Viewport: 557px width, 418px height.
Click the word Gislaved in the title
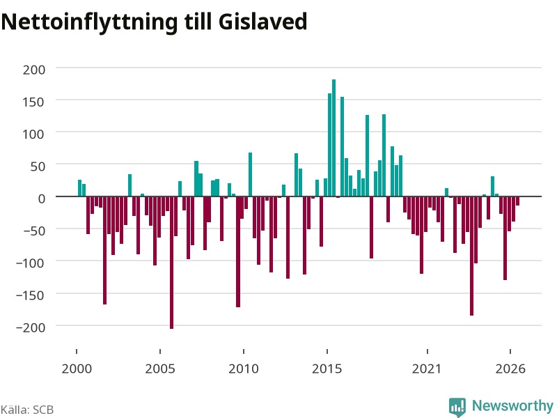pos(263,22)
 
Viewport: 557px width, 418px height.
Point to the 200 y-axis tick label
pos(34,70)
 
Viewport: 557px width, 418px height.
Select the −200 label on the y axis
pos(31,327)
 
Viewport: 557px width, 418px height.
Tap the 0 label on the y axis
pos(42,199)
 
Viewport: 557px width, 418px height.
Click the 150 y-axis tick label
pos(34,102)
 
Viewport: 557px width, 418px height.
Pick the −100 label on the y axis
pos(31,263)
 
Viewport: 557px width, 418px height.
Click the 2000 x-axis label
pos(77,369)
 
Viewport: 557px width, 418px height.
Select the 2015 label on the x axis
pos(327,369)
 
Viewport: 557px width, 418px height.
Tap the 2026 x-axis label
pos(510,369)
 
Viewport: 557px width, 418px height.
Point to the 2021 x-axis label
pos(427,369)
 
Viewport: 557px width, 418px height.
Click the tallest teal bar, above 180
pos(334,138)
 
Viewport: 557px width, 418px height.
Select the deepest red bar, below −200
pos(171,263)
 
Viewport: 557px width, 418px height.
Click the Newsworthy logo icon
pos(457,406)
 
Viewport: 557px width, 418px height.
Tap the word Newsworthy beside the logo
pos(512,405)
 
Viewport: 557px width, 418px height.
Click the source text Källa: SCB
pos(27,410)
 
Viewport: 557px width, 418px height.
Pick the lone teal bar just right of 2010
pos(251,175)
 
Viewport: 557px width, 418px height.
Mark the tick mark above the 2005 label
pos(160,351)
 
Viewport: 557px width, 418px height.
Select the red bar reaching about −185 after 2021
pos(472,256)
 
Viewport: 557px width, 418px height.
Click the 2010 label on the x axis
pos(244,369)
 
